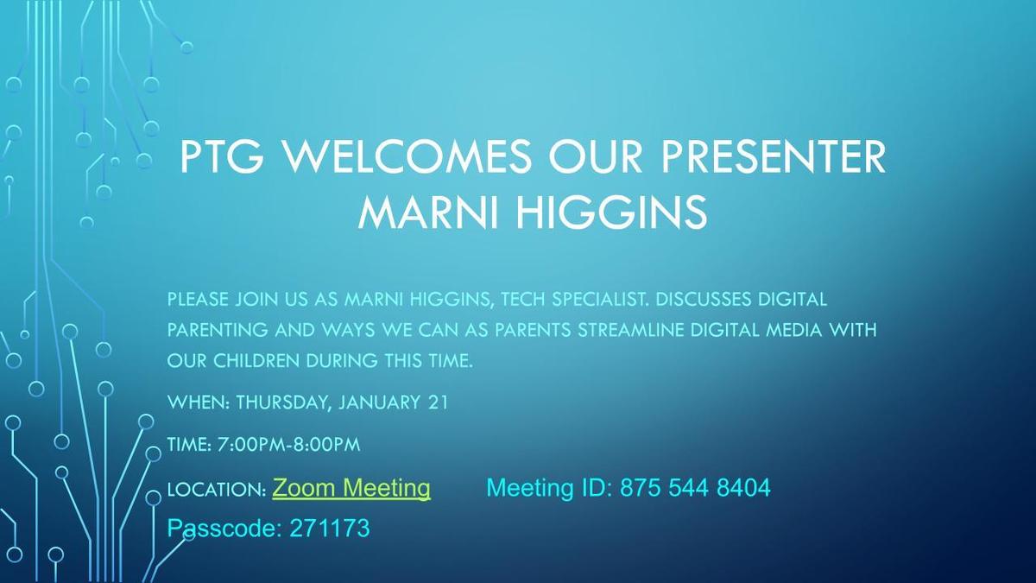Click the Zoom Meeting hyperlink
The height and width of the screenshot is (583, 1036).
(x=351, y=489)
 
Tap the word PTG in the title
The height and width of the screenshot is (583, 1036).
(x=222, y=156)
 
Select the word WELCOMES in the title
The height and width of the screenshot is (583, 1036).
(x=407, y=156)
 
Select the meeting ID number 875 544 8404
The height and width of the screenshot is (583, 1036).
(x=695, y=488)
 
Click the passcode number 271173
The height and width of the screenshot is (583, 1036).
(x=330, y=528)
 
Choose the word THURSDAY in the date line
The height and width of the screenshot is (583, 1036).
(x=283, y=402)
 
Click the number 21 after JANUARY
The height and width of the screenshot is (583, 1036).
(x=439, y=402)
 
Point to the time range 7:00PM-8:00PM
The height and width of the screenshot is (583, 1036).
(x=288, y=445)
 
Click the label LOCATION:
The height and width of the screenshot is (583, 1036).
(x=217, y=490)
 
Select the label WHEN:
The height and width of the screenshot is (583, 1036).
(x=199, y=402)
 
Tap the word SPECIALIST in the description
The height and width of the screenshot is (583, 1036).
(x=599, y=300)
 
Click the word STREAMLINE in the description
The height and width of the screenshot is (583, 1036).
(x=631, y=330)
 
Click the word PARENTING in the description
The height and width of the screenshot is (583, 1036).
(x=218, y=330)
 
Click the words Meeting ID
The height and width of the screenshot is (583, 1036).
(x=549, y=488)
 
